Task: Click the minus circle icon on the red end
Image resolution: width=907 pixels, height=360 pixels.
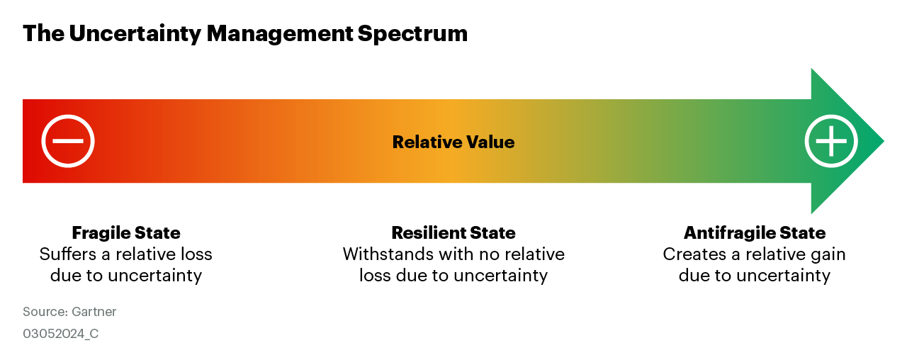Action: [68, 141]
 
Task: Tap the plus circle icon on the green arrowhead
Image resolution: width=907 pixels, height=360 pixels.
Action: [831, 141]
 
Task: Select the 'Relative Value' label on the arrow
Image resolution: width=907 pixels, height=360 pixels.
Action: [453, 142]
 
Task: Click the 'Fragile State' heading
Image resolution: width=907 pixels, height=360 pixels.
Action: [126, 233]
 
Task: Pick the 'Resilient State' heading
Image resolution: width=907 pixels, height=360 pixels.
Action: [453, 233]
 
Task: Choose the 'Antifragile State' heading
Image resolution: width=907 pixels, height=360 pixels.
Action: [755, 233]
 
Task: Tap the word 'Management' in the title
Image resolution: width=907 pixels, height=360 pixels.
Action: [279, 33]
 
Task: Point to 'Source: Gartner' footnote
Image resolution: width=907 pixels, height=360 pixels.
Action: [69, 312]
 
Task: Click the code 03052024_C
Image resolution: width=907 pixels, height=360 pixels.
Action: [61, 334]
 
